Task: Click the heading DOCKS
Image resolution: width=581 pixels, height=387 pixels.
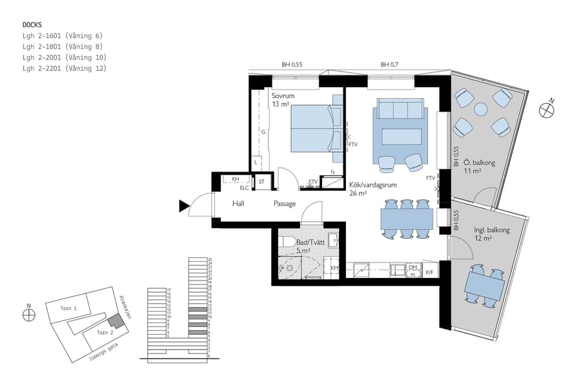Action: click(x=32, y=25)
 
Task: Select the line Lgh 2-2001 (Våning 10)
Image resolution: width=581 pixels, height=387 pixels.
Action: click(x=64, y=57)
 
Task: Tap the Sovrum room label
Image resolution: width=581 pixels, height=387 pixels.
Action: click(x=283, y=96)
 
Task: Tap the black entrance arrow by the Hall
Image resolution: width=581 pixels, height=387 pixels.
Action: click(x=184, y=206)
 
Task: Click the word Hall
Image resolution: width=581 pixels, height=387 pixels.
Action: click(x=238, y=204)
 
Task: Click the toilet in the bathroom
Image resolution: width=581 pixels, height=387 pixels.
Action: click(x=287, y=241)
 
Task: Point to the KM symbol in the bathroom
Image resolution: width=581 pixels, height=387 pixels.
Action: click(x=334, y=268)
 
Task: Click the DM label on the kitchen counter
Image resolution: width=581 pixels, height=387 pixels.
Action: click(x=413, y=267)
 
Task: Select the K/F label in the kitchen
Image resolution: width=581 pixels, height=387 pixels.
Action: click(x=430, y=273)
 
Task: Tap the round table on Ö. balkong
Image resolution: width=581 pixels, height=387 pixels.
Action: click(x=481, y=109)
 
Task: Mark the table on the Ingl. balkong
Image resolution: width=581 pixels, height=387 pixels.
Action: click(x=485, y=284)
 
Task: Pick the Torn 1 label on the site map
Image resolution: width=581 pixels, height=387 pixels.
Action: click(x=68, y=309)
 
